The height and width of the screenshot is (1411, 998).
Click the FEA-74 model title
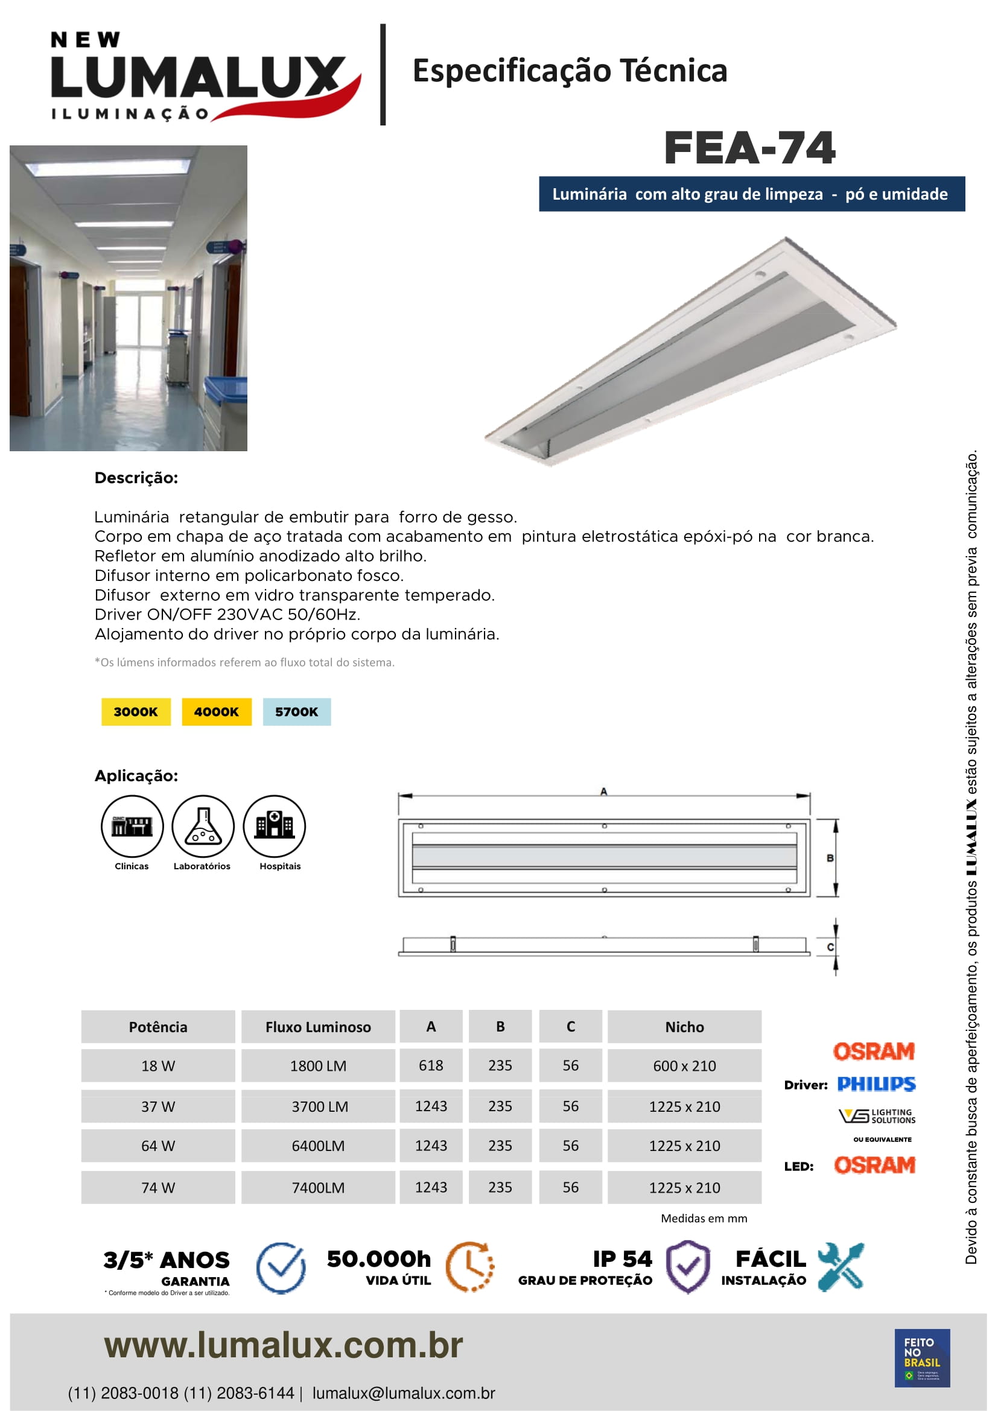tap(749, 148)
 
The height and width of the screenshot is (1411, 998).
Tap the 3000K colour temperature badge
tap(136, 712)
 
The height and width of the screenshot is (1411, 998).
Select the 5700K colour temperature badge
tap(297, 712)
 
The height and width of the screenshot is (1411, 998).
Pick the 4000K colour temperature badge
tap(217, 712)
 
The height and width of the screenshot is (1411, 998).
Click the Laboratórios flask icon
tap(203, 826)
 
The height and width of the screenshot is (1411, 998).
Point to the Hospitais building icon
tap(274, 826)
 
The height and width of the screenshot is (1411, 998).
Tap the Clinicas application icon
tap(132, 826)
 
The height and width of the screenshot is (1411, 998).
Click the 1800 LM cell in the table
tap(318, 1065)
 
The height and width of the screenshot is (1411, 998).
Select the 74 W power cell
tap(158, 1187)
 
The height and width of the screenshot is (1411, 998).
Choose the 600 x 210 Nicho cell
tap(684, 1065)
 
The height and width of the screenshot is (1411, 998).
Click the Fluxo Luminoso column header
tap(318, 1027)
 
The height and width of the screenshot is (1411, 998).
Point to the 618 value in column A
tap(431, 1065)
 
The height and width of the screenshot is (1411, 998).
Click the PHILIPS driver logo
tap(876, 1084)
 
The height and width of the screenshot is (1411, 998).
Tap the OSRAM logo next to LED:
tap(874, 1165)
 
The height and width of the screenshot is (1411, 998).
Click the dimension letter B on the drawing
tap(830, 858)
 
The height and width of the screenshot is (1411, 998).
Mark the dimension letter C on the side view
tap(830, 947)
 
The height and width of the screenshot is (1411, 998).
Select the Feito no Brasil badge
tap(922, 1357)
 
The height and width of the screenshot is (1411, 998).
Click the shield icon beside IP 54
tap(688, 1267)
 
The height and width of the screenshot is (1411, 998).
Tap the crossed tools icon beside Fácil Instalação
tap(841, 1266)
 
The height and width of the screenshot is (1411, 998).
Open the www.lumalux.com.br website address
tap(284, 1345)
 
